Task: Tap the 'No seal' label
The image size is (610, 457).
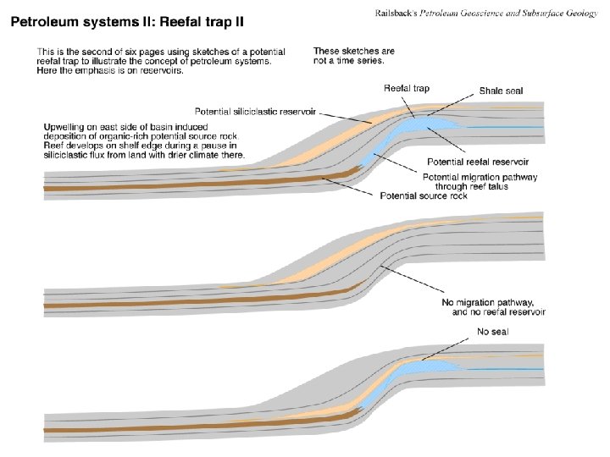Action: tap(492, 331)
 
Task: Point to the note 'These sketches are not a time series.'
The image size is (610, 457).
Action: tap(353, 56)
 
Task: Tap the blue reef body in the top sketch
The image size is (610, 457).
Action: tap(419, 127)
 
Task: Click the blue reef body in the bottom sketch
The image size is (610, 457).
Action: tap(424, 366)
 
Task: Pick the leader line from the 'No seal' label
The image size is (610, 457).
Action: tap(445, 348)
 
